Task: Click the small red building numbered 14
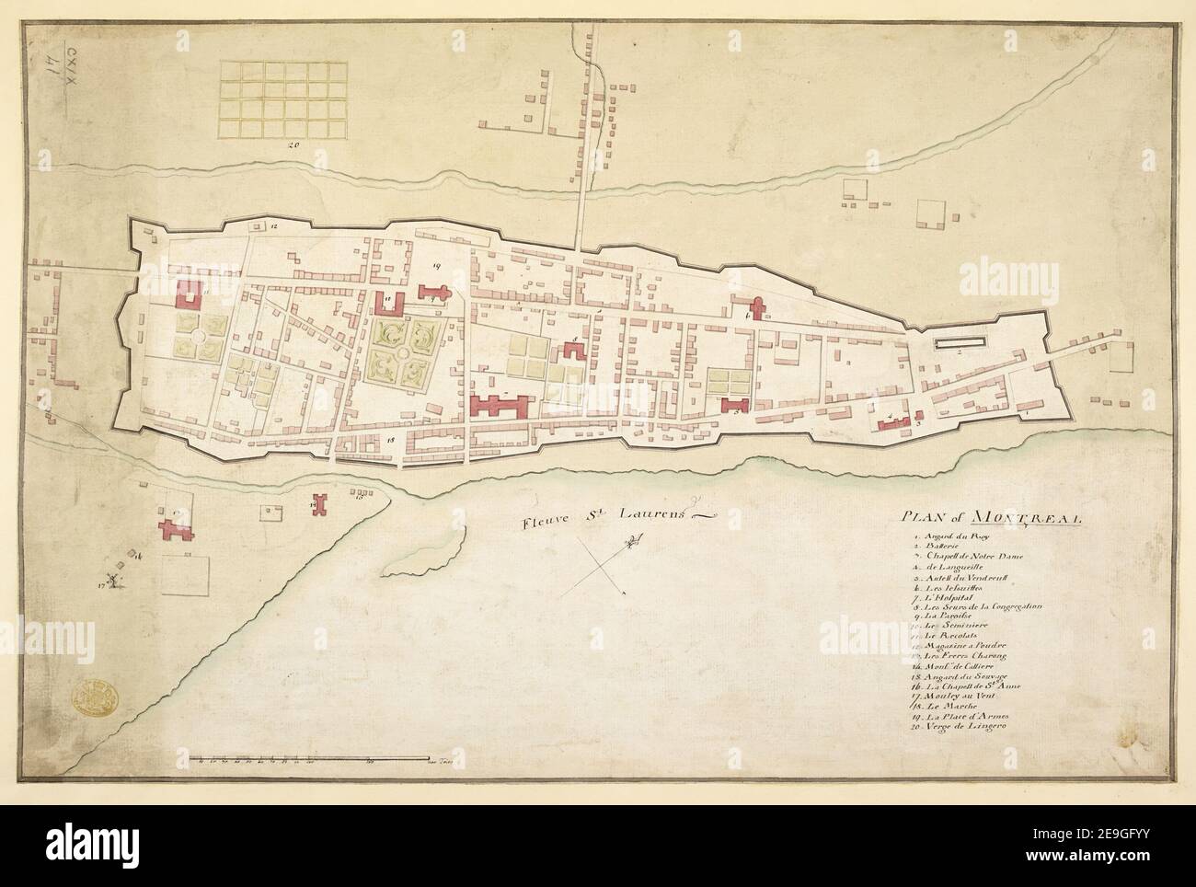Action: coord(318,507)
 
